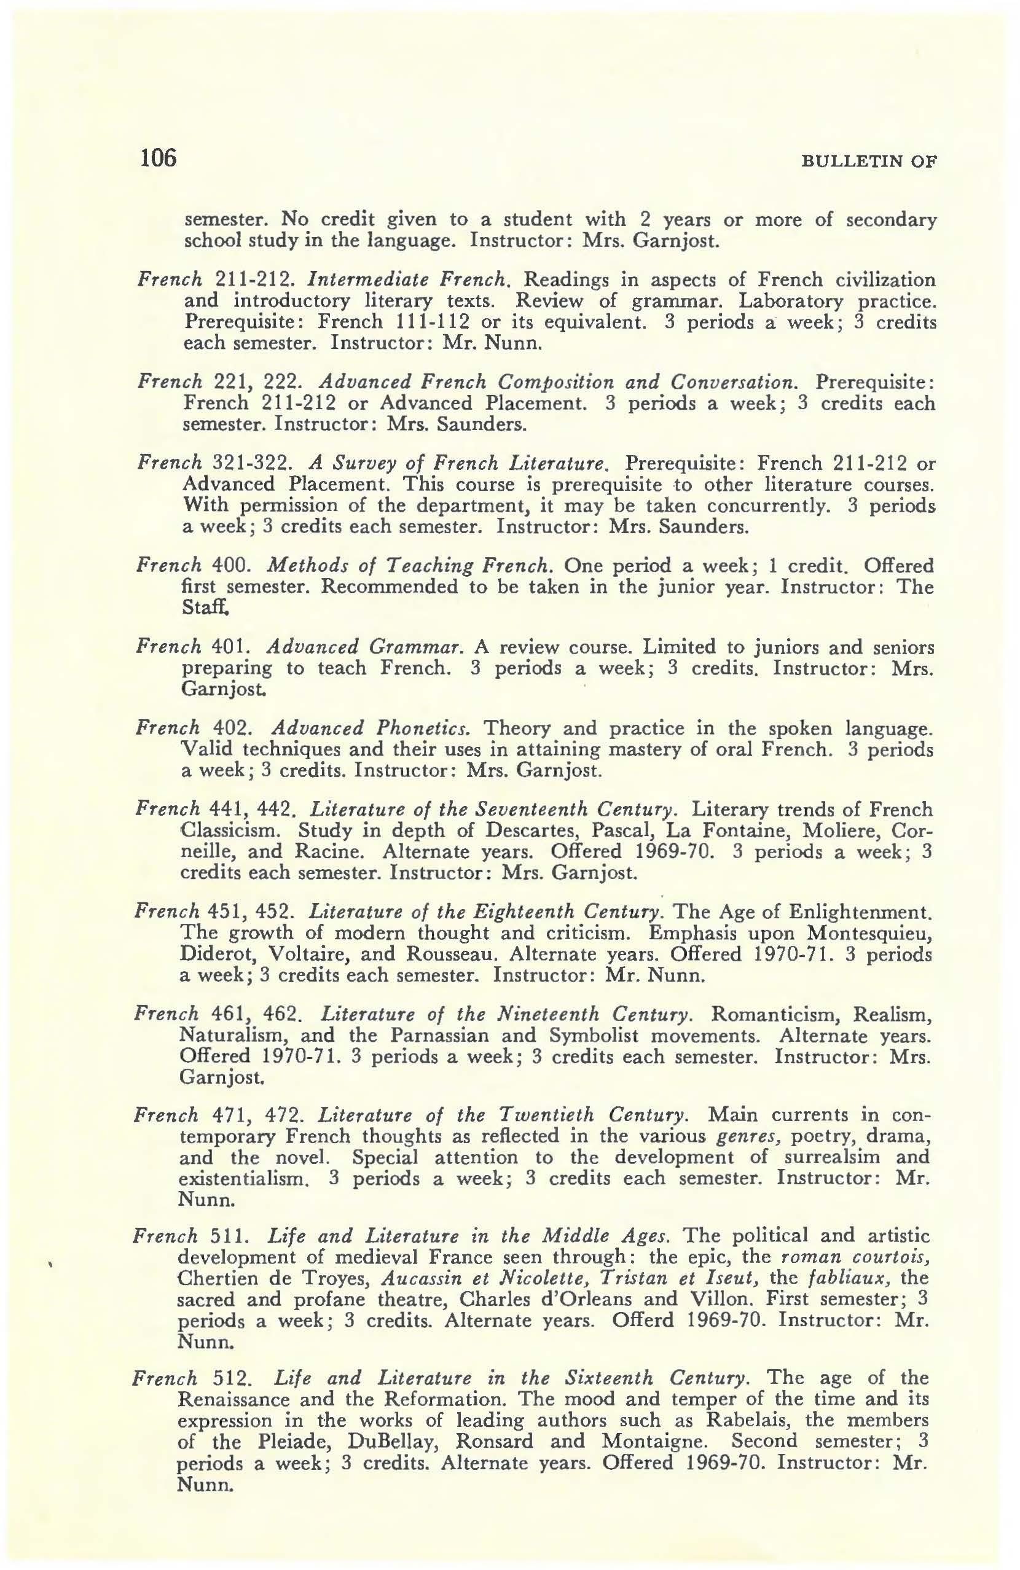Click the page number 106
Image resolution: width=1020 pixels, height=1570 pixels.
coord(158,158)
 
